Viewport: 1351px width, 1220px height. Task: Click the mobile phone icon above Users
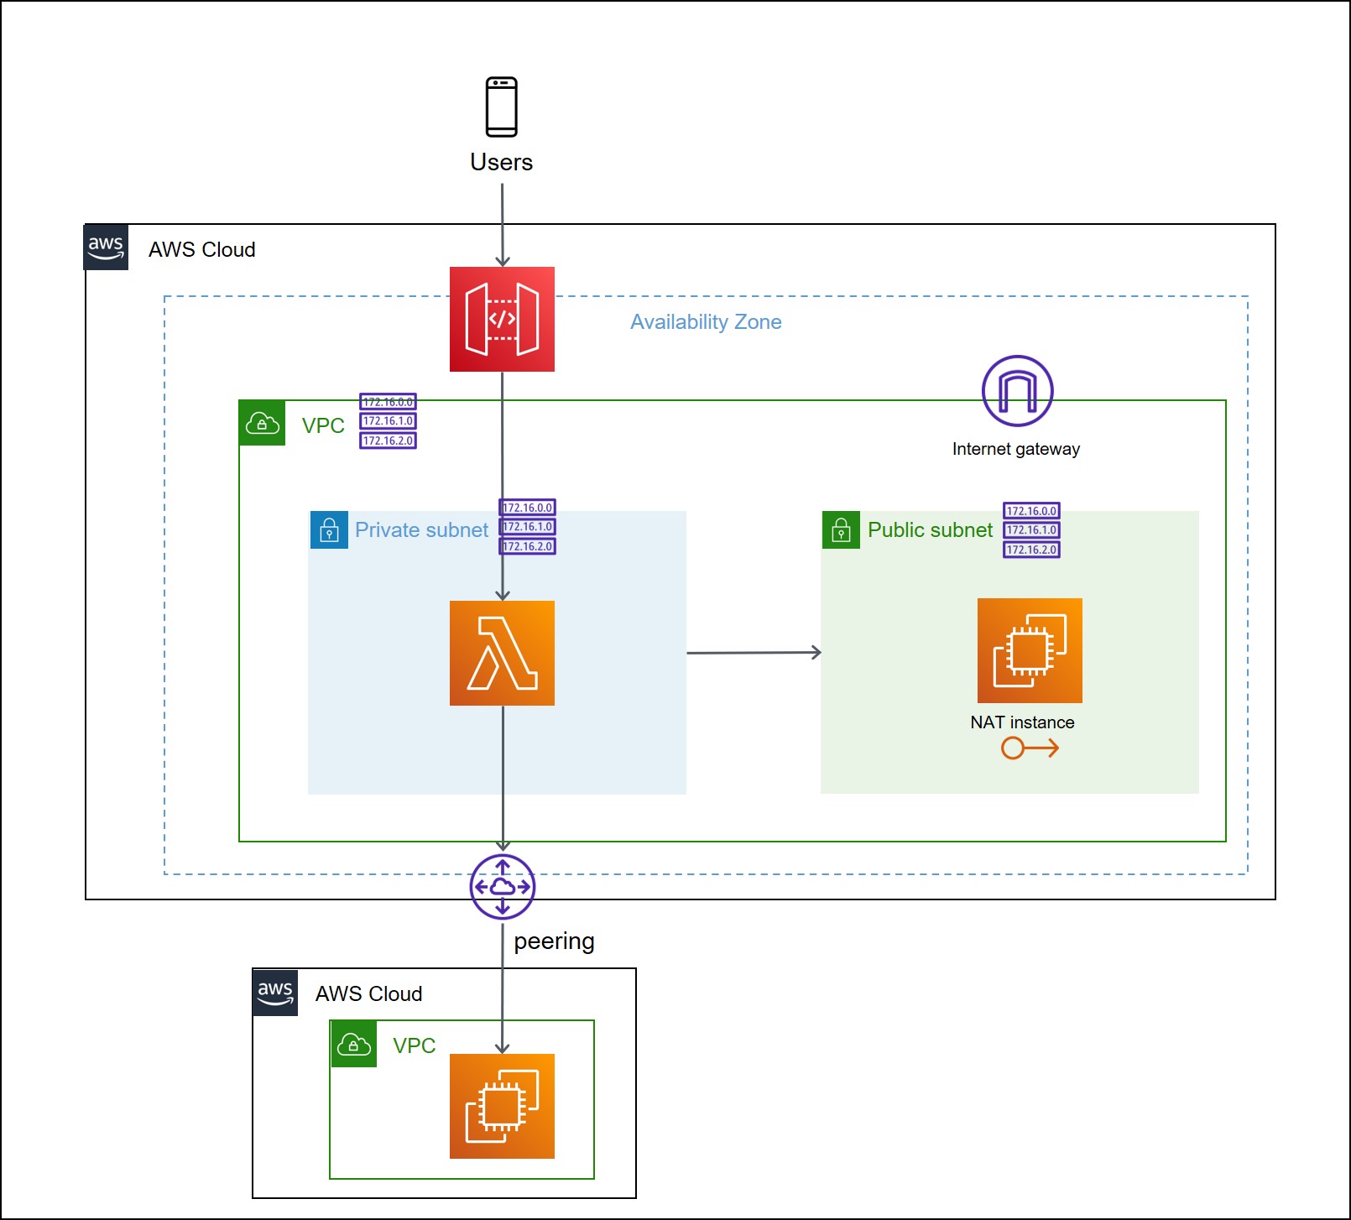[502, 107]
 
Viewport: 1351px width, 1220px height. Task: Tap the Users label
[501, 162]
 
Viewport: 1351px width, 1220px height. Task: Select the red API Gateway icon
[502, 319]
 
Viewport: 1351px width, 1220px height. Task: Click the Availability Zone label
[706, 322]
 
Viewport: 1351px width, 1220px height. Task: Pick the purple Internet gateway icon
[1017, 391]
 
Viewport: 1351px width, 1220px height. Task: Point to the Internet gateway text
[1015, 449]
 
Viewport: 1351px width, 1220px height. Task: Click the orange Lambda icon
[502, 653]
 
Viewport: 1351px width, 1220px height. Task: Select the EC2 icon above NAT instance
[1030, 650]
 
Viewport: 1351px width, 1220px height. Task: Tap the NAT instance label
[1022, 722]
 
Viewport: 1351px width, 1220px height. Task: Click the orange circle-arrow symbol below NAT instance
[1029, 748]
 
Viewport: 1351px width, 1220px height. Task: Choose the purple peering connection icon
[502, 886]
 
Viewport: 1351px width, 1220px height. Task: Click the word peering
[554, 941]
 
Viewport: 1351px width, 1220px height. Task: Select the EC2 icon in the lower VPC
[502, 1106]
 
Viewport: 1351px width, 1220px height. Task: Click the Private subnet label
[421, 530]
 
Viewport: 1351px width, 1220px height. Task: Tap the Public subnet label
[930, 530]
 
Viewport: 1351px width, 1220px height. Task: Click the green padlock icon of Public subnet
[841, 530]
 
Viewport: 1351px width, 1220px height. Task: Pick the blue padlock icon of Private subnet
[329, 530]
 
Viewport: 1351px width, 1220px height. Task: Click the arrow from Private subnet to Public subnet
[753, 652]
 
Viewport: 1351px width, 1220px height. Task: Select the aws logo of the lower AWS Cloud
[275, 993]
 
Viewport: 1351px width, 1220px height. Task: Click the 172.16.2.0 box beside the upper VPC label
[388, 441]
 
